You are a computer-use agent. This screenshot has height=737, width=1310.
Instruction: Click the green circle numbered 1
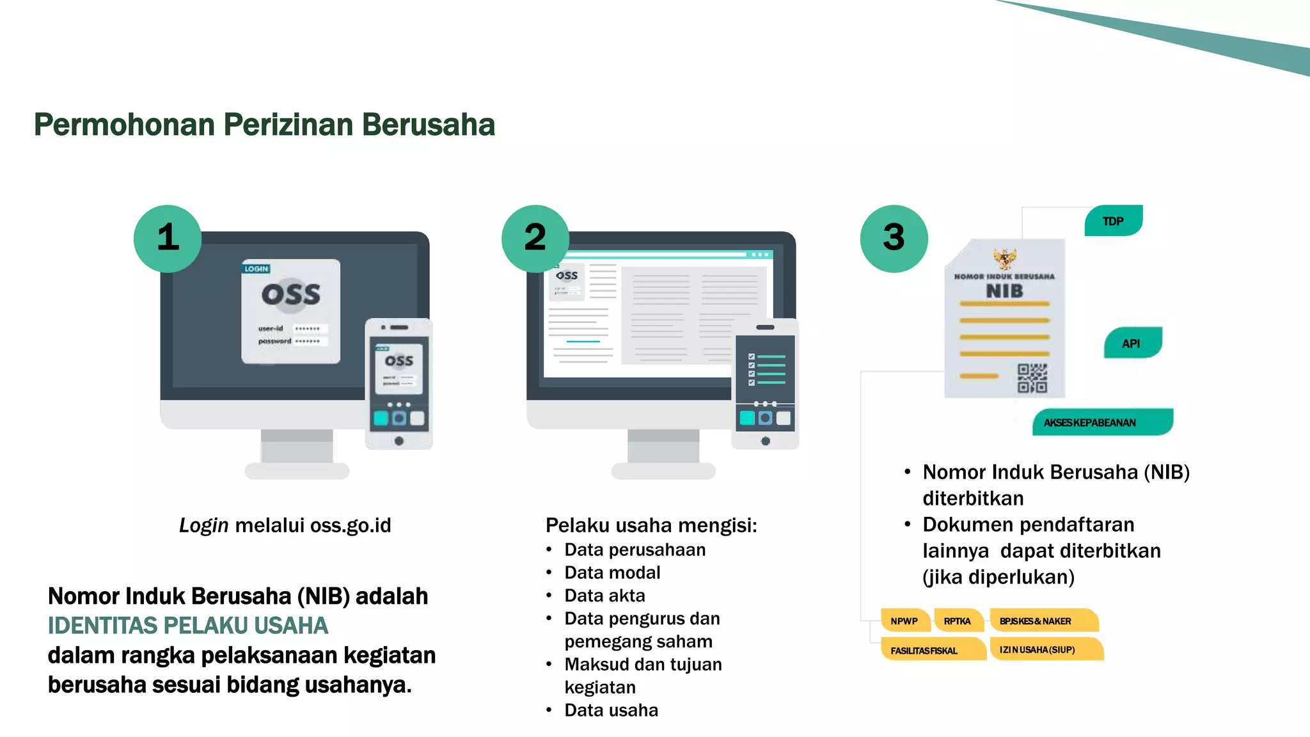tap(168, 238)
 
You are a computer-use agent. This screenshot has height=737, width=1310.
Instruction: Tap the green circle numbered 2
tap(535, 238)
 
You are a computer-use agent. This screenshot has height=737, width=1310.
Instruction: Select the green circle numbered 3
tap(894, 238)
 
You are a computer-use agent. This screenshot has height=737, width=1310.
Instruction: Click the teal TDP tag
tap(1113, 221)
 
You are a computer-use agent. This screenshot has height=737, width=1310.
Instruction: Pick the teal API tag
tap(1132, 343)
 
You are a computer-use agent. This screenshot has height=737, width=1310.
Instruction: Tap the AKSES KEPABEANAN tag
tap(1101, 422)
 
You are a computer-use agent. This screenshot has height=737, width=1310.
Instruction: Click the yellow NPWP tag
tap(904, 621)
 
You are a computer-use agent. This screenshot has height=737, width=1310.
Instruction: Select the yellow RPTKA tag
tap(958, 621)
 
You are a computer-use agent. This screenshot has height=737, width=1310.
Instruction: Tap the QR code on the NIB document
tap(1032, 377)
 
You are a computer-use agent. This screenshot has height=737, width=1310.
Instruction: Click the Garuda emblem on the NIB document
tap(1004, 258)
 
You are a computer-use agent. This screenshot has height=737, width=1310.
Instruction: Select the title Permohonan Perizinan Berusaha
tap(264, 125)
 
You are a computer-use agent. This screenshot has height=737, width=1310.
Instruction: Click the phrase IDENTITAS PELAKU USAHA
tap(188, 625)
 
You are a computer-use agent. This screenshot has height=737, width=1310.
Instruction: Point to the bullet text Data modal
tap(612, 573)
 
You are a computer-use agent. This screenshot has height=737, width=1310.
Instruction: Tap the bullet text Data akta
tap(604, 596)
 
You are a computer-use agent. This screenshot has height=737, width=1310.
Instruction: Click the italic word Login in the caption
tap(203, 525)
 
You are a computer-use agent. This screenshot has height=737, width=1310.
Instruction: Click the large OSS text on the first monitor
tap(290, 294)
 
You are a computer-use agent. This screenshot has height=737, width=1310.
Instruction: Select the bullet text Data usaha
tap(611, 710)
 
